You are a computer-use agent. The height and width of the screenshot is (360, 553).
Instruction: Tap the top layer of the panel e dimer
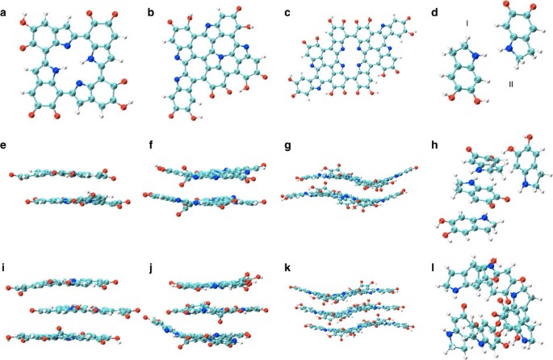61,173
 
